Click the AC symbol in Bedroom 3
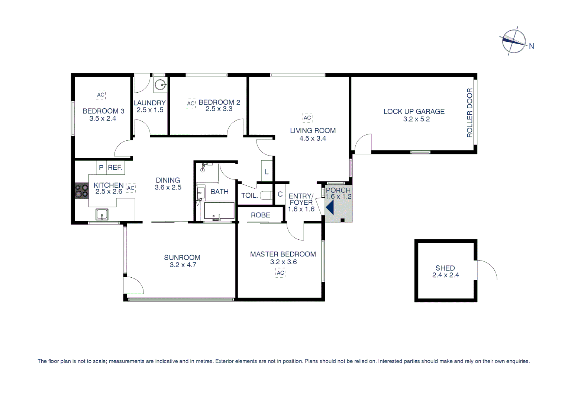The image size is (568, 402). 101,95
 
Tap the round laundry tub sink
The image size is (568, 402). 161,85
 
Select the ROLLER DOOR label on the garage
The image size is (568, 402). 469,113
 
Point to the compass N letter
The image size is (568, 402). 532,47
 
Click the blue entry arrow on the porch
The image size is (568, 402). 330,207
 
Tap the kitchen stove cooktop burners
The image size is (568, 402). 82,191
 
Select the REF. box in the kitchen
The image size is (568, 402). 115,167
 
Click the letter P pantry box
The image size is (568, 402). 101,167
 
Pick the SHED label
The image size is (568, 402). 445,268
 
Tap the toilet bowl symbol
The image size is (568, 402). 265,195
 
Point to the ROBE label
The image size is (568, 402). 261,215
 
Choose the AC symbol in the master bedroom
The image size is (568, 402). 281,273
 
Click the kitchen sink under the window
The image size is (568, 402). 102,214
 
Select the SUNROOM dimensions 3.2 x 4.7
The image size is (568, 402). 183,265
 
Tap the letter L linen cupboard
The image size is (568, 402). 267,172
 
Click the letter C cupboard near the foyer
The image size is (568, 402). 280,194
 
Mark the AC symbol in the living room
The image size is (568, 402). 307,118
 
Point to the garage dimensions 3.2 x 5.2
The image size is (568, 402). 416,119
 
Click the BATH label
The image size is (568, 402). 220,192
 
